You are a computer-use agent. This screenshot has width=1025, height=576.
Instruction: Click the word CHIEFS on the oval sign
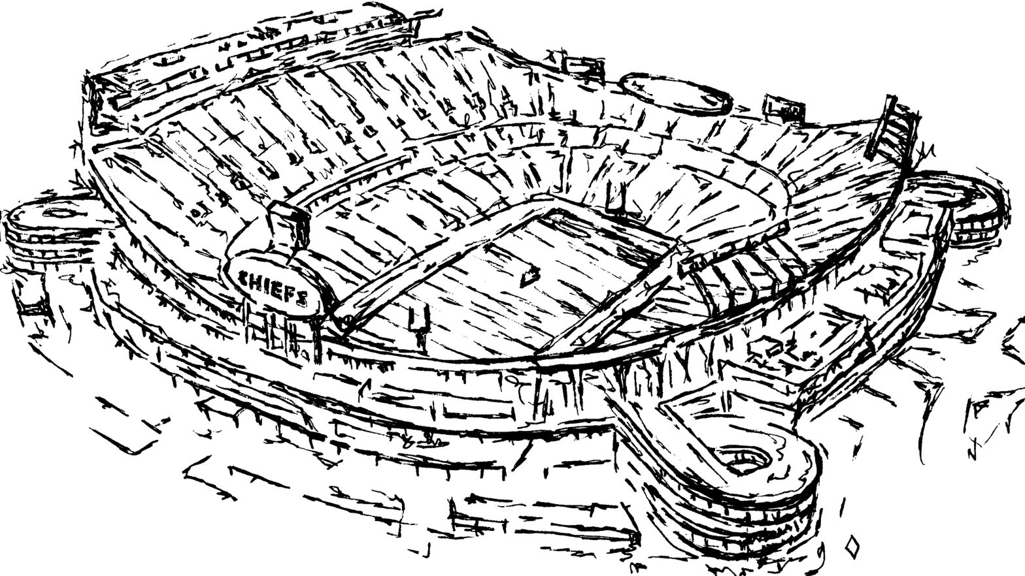click(x=274, y=288)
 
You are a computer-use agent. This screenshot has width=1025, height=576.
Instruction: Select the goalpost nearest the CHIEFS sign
click(x=419, y=320)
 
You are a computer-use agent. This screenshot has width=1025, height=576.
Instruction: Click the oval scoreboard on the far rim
click(x=675, y=93)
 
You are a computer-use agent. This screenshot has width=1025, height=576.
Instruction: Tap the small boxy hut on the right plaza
click(x=765, y=349)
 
